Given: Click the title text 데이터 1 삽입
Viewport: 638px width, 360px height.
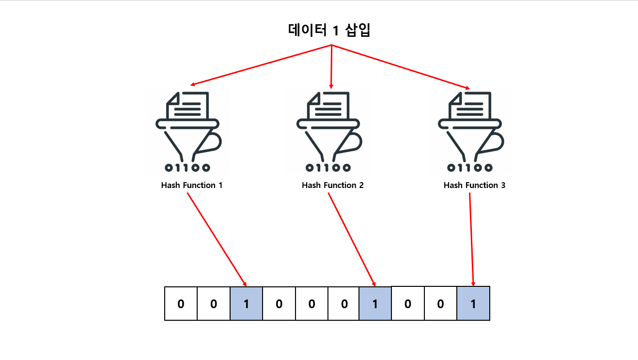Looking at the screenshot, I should pos(329,31).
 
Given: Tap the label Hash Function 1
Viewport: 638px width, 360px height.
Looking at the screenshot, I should pos(192,185).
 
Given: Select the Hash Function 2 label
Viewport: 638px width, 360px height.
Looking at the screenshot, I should pos(332,185).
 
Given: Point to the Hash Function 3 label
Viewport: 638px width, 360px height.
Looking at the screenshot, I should pos(474,185).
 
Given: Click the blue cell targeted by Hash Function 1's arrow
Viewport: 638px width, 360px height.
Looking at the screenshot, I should pos(246,304).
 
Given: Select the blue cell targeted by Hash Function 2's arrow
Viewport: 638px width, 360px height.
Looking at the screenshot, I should pos(375,304).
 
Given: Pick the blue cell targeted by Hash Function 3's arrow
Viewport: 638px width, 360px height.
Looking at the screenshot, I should pos(473,304).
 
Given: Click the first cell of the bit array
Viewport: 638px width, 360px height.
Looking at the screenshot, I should pos(181,304).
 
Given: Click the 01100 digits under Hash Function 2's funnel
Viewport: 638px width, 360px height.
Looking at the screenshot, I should pos(328,168).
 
